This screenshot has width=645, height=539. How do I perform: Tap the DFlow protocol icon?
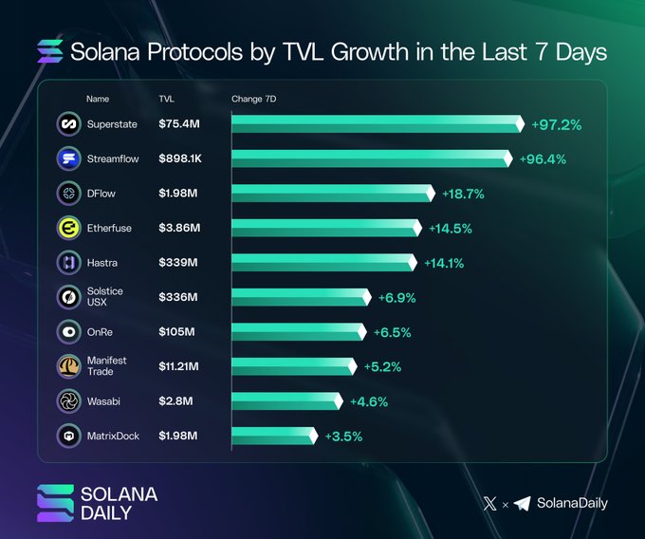click(68, 194)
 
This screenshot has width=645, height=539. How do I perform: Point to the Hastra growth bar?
click(323, 262)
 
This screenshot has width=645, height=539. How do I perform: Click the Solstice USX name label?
click(104, 297)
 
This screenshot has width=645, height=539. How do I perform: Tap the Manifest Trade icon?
click(68, 366)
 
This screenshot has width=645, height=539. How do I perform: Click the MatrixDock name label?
click(113, 437)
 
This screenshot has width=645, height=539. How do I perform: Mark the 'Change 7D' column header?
click(253, 99)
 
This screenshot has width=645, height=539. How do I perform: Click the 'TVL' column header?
click(166, 99)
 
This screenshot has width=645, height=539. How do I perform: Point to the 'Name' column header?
click(98, 99)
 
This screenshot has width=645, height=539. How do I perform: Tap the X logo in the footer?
click(489, 504)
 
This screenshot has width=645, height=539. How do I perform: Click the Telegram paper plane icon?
click(523, 504)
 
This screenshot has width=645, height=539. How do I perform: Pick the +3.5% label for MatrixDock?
click(343, 437)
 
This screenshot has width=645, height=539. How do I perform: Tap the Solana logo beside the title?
click(49, 51)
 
